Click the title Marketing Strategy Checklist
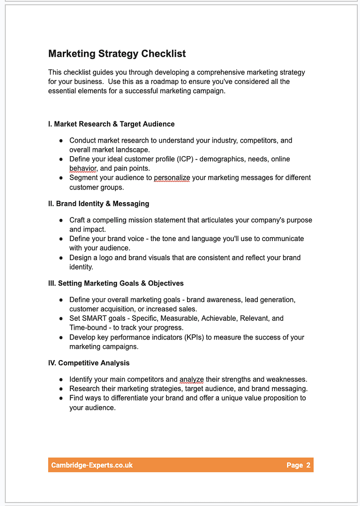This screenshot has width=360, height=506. point(117,54)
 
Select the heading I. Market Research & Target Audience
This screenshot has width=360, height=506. point(111,124)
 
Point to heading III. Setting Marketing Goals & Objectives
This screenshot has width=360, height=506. point(116,283)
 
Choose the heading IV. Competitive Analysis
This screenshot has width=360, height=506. point(89,363)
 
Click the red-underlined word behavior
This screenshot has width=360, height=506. point(83,168)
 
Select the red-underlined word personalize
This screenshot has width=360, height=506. point(172,178)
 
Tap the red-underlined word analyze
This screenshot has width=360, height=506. point(191,379)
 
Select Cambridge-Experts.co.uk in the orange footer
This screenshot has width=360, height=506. point(92,465)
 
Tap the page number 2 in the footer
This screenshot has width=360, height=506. point(308,465)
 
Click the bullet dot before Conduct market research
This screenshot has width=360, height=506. point(61,141)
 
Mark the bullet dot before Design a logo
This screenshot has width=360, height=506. point(61,258)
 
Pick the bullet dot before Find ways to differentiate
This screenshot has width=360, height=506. point(61,398)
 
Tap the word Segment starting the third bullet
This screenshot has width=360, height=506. point(83,178)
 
